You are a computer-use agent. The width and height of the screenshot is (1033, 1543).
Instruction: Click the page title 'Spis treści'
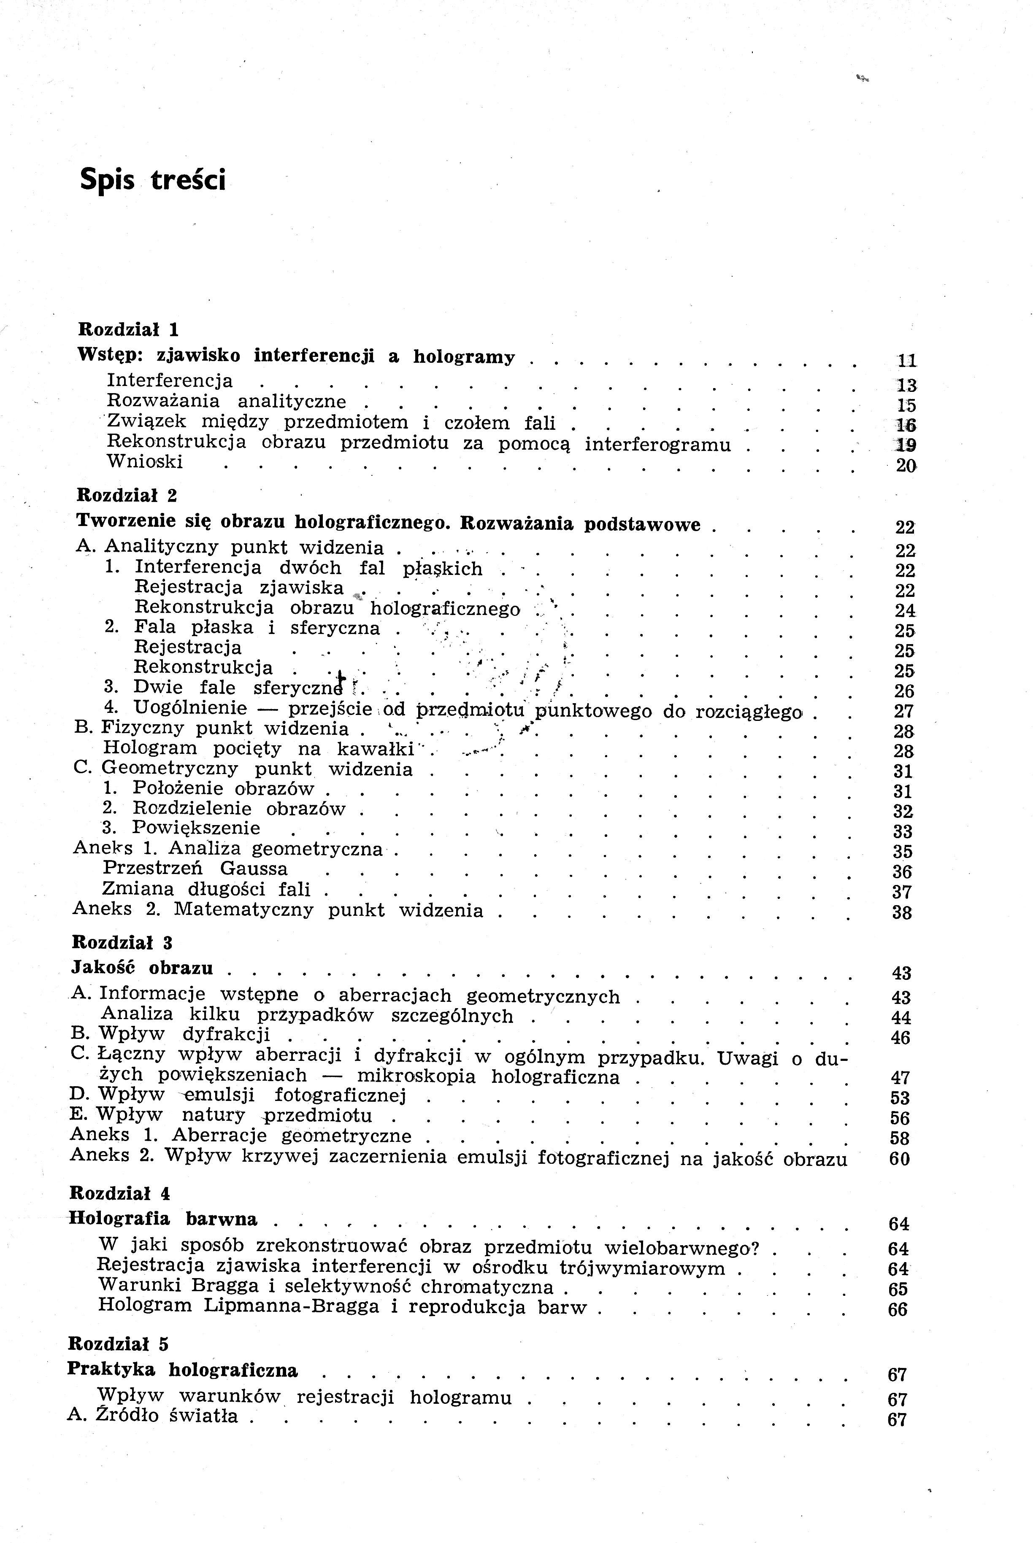[152, 179]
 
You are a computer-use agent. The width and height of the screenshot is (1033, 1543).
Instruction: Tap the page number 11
[907, 360]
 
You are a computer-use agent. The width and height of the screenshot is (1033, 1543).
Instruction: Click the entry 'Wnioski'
[145, 461]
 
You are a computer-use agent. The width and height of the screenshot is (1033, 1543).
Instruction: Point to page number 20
[906, 466]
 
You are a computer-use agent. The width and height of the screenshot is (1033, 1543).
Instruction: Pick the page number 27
[904, 711]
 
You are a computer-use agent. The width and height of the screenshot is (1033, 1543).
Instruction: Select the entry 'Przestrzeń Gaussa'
[196, 869]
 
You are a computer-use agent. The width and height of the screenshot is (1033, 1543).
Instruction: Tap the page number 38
[902, 913]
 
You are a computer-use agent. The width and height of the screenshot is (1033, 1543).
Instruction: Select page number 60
[899, 1158]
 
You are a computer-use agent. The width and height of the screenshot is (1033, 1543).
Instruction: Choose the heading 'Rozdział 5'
[118, 1343]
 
